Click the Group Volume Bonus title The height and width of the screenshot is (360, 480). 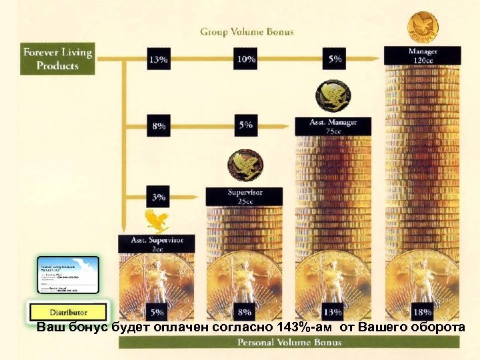tap(247, 31)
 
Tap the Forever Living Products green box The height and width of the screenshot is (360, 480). tap(57, 59)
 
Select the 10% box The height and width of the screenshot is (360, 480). tap(246, 59)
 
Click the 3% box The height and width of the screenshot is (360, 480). tap(159, 197)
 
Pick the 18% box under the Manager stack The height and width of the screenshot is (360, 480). tap(422, 311)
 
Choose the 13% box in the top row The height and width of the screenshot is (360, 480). tap(159, 59)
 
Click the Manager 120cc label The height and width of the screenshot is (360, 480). tap(422, 55)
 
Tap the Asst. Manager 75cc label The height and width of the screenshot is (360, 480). tap(333, 127)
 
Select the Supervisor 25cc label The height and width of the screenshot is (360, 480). tap(245, 197)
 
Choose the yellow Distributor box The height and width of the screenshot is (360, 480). tap(68, 312)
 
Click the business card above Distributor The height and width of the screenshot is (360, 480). tap(68, 275)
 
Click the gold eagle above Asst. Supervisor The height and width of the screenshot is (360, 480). tap(157, 220)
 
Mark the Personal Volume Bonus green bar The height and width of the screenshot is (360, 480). tap(289, 343)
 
